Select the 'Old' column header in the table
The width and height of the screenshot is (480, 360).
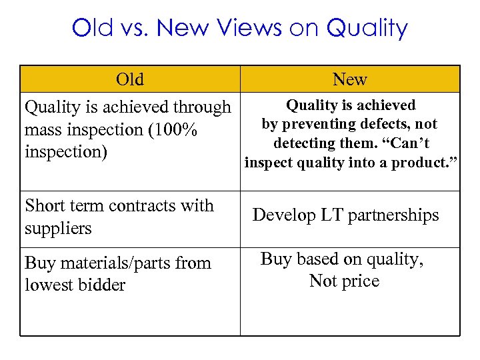click(x=129, y=79)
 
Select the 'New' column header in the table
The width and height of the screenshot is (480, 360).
click(x=350, y=79)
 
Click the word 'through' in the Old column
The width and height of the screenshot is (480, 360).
click(x=201, y=107)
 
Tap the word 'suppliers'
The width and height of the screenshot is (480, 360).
click(x=58, y=228)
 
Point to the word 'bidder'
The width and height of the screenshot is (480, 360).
click(x=101, y=285)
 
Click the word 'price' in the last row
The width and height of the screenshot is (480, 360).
click(x=361, y=281)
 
